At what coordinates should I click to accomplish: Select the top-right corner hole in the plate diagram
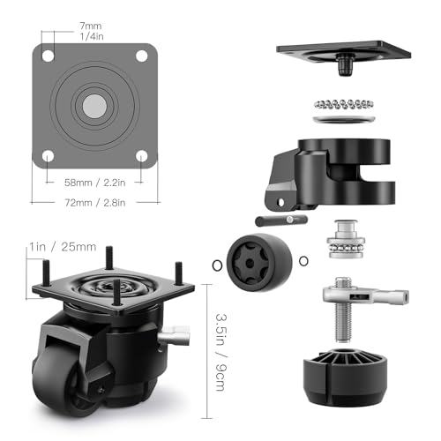pos(141,56)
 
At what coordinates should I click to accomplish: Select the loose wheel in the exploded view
pos(259,263)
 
